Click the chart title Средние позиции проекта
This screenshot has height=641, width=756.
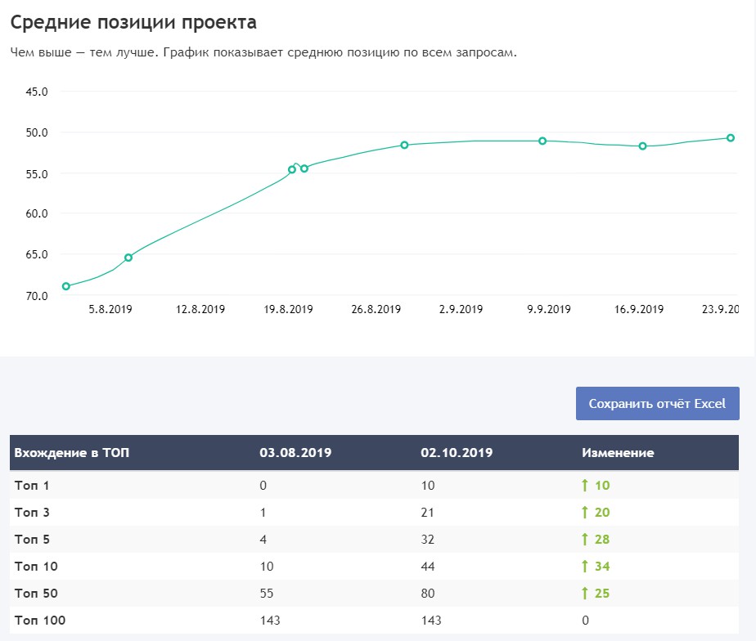click(x=133, y=22)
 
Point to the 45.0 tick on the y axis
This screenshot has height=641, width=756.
click(x=38, y=92)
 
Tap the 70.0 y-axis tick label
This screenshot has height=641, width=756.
click(x=38, y=295)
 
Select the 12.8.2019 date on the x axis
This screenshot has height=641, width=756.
click(x=201, y=310)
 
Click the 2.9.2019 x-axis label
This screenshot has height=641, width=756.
click(x=461, y=310)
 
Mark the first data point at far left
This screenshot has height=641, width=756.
click(x=66, y=286)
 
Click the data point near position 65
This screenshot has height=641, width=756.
click(x=128, y=258)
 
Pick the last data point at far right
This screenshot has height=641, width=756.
click(x=731, y=138)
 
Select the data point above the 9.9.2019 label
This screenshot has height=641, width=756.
click(x=542, y=141)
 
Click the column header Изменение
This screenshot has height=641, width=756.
click(x=618, y=452)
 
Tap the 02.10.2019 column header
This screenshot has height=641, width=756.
click(x=457, y=452)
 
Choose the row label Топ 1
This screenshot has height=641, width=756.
click(x=32, y=486)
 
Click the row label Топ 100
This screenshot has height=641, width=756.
click(x=40, y=621)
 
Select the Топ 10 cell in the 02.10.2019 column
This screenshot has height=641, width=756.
click(x=428, y=567)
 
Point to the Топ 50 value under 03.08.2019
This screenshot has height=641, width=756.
click(x=267, y=594)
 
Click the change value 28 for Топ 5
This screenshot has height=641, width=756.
click(x=602, y=540)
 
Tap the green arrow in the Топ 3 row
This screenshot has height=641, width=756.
click(x=585, y=513)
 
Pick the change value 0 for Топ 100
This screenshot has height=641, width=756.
click(x=585, y=621)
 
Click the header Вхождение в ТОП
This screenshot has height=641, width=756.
click(x=71, y=452)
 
